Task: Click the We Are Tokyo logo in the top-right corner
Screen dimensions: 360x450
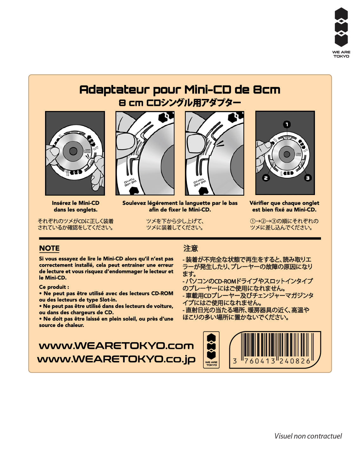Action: click(x=341, y=33)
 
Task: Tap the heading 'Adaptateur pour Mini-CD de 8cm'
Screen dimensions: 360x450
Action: click(x=180, y=90)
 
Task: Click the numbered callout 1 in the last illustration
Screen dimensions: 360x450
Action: click(x=287, y=124)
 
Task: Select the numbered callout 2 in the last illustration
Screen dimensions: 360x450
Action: click(x=266, y=178)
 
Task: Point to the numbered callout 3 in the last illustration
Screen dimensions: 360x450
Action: click(x=307, y=178)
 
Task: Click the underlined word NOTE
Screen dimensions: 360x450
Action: click(x=49, y=248)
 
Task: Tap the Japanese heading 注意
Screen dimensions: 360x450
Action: click(x=191, y=248)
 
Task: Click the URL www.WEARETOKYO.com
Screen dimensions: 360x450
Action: click(x=116, y=346)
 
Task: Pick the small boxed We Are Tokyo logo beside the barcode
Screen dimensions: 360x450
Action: click(x=211, y=349)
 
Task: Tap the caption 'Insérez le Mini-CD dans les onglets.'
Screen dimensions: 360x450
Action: click(x=75, y=206)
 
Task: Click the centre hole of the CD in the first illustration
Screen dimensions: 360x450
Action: click(x=73, y=151)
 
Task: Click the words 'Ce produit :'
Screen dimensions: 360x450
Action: click(x=54, y=287)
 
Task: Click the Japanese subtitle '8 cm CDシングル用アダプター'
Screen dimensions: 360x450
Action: click(x=180, y=103)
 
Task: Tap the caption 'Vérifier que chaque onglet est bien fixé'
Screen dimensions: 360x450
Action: click(x=284, y=206)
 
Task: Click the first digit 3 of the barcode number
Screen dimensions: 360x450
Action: click(x=235, y=361)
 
